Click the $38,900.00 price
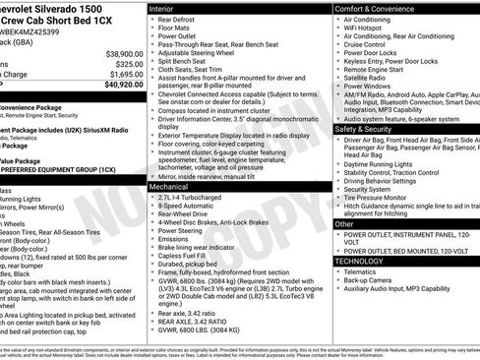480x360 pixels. click(x=119, y=52)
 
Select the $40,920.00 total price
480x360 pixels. click(x=118, y=85)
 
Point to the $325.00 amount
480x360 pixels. click(x=125, y=63)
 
